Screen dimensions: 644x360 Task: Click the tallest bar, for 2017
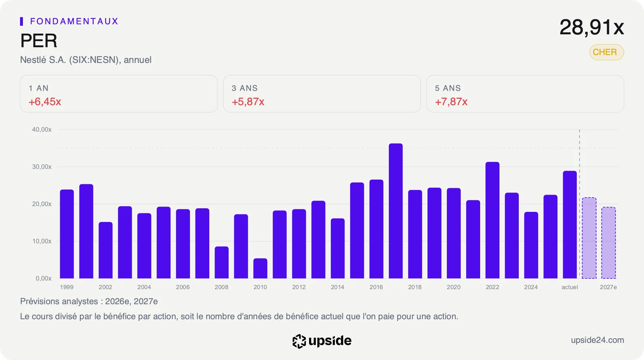(396, 211)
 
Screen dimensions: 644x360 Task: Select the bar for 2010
(260, 268)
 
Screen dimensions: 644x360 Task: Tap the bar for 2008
(222, 262)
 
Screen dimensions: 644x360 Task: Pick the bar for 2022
(493, 220)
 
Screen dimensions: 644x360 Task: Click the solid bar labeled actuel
(570, 225)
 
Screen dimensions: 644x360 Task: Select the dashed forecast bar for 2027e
(609, 243)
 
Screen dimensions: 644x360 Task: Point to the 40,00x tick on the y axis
(42, 129)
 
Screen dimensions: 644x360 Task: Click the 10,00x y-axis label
(42, 241)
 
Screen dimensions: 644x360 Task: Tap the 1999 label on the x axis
(67, 287)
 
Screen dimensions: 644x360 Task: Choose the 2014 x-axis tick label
(338, 287)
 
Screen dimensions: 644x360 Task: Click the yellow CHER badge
(607, 52)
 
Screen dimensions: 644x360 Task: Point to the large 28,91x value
(592, 27)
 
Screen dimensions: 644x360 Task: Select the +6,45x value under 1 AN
(45, 101)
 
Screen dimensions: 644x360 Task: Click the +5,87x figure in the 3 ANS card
(248, 101)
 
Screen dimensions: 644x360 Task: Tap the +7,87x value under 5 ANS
(451, 101)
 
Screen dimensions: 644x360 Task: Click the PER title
(39, 41)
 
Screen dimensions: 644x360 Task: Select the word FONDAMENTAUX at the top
(74, 21)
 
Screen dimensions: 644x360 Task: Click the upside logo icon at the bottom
(299, 341)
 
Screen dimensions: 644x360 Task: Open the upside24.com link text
(597, 340)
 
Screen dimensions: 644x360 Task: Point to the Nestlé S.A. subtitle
(86, 60)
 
